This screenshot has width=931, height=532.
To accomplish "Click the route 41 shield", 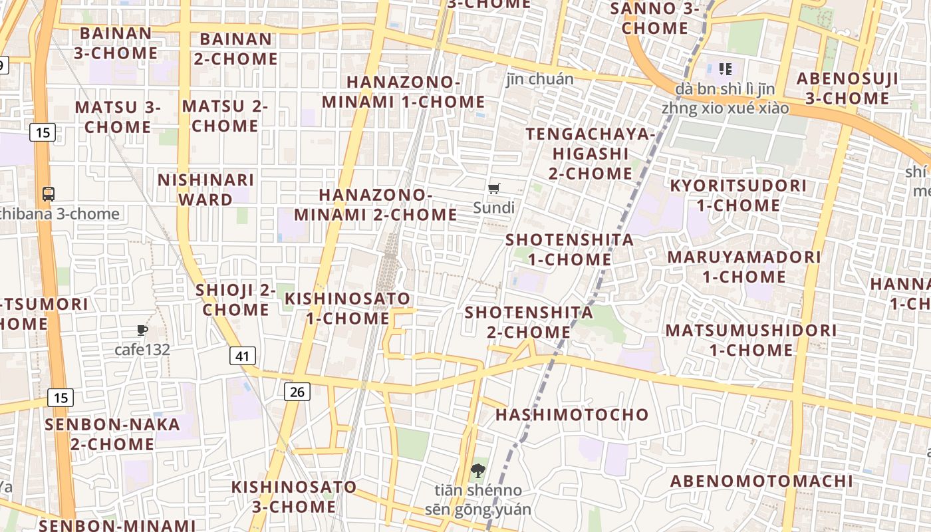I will pos(243,356).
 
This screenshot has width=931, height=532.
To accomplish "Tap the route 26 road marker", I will pos(297,392).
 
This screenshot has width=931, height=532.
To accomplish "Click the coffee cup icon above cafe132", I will pos(142,330).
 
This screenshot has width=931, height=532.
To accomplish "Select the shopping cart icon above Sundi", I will pos(494,189).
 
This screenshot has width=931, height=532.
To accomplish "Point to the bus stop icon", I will pos(49,194).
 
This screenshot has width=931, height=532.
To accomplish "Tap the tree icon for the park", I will pos(477,471).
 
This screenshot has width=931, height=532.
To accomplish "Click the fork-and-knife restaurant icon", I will pos(726,68).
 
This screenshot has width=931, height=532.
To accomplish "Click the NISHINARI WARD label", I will pos(206,190).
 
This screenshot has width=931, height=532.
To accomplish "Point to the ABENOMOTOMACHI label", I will pos(761,481).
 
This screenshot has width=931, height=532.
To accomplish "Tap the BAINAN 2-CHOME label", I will pos(235,49).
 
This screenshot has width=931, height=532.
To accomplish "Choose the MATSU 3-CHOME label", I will pos(118,117).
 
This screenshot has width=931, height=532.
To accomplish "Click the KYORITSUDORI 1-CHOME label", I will pos(738,196).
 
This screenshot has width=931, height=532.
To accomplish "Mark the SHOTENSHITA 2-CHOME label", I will pos(529,322).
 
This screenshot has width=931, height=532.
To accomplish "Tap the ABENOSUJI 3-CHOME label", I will pos(847,88).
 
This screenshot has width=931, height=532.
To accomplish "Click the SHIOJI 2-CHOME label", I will pos(235,300).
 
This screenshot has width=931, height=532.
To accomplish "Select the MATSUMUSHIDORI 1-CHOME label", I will pos(751,340).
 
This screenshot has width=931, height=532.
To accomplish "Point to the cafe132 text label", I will pos(142,350).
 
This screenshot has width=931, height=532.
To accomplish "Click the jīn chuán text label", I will pos(540,79).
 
